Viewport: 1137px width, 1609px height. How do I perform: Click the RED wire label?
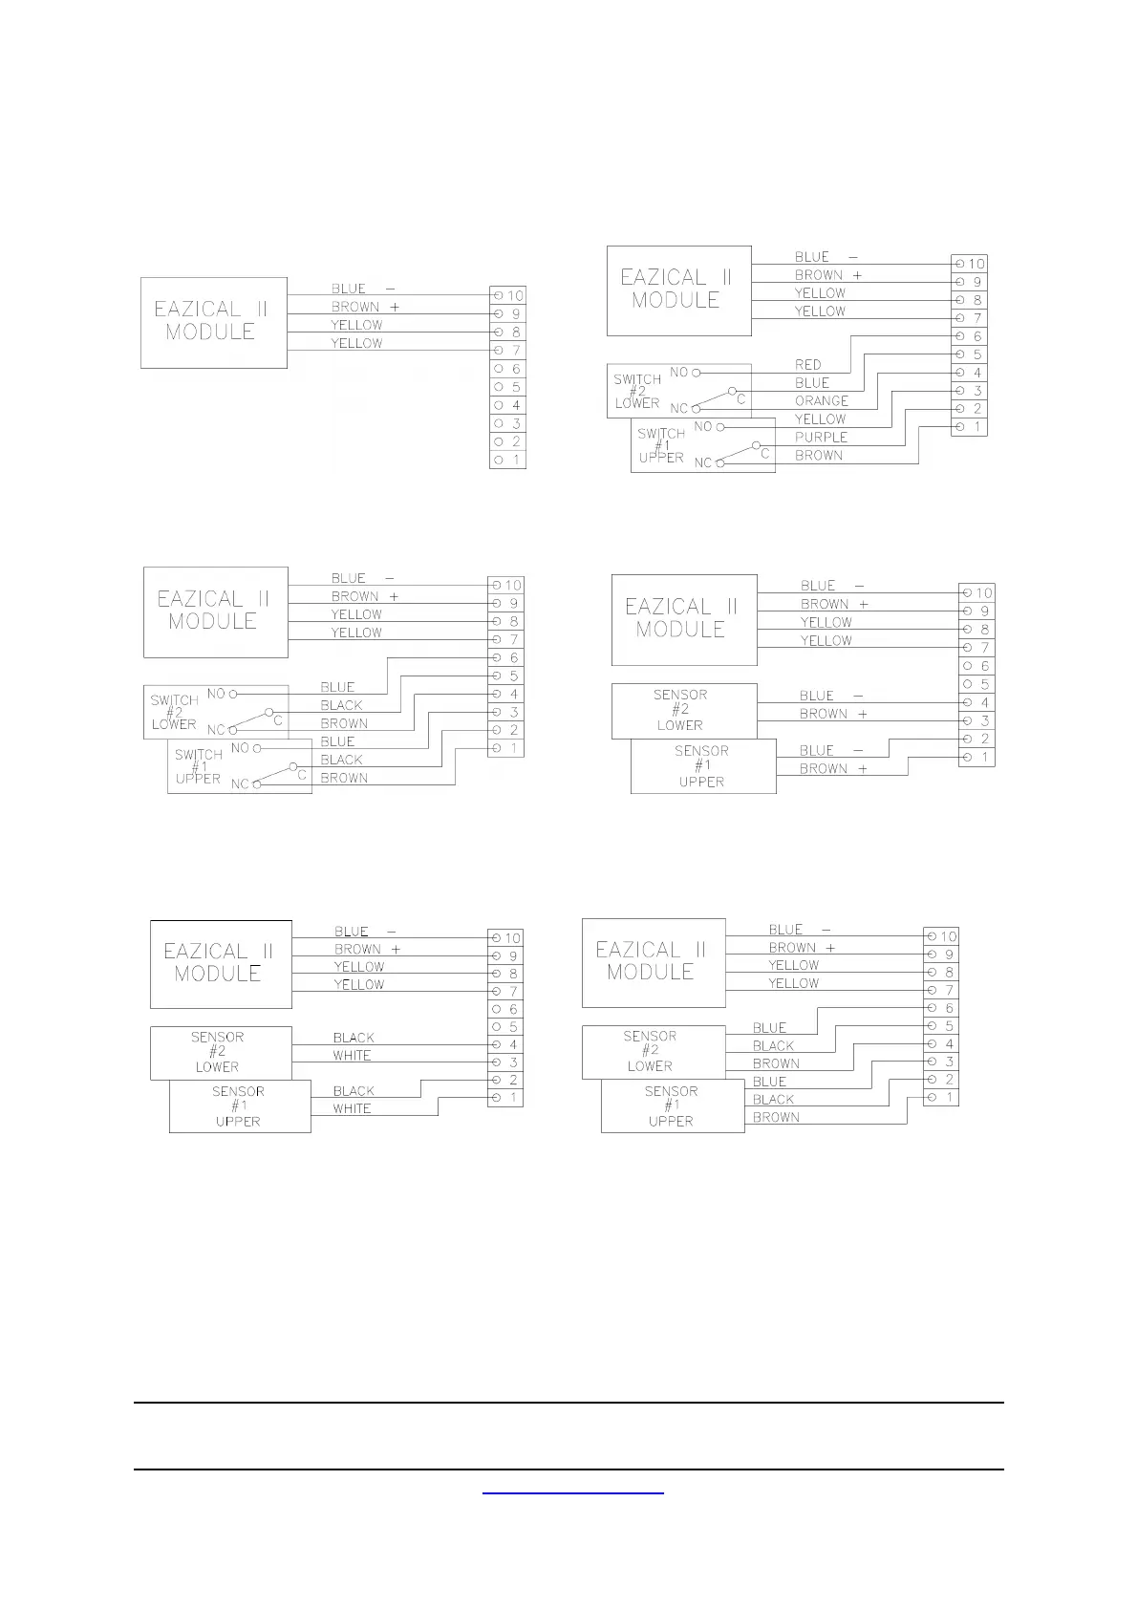pos(807,364)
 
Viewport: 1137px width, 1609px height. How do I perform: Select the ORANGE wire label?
pos(821,400)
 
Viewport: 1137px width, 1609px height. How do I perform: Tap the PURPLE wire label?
pos(821,437)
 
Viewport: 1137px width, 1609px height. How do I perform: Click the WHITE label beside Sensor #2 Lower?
pos(352,1055)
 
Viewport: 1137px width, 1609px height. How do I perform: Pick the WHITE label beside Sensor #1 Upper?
pos(352,1108)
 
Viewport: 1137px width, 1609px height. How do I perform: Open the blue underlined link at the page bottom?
pos(572,1490)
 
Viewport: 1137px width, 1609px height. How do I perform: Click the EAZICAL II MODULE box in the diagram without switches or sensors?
pos(213,322)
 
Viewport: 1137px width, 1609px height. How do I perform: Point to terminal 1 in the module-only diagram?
pos(507,460)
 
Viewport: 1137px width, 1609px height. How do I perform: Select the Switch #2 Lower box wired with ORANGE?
pos(637,391)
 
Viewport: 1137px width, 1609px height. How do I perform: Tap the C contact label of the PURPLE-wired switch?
pos(765,454)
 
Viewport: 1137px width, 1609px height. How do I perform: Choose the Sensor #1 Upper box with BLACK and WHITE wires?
pos(239,1106)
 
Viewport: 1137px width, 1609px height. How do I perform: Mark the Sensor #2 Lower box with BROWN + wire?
pos(683,710)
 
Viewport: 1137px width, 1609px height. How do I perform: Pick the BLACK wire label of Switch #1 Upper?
pos(341,760)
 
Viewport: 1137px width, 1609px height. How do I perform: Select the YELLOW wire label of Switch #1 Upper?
pos(820,418)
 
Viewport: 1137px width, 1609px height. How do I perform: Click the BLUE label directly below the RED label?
pos(812,382)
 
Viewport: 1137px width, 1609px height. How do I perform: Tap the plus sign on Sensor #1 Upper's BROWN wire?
pos(862,768)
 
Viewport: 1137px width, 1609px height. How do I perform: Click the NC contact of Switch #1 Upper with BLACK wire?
pos(255,784)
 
